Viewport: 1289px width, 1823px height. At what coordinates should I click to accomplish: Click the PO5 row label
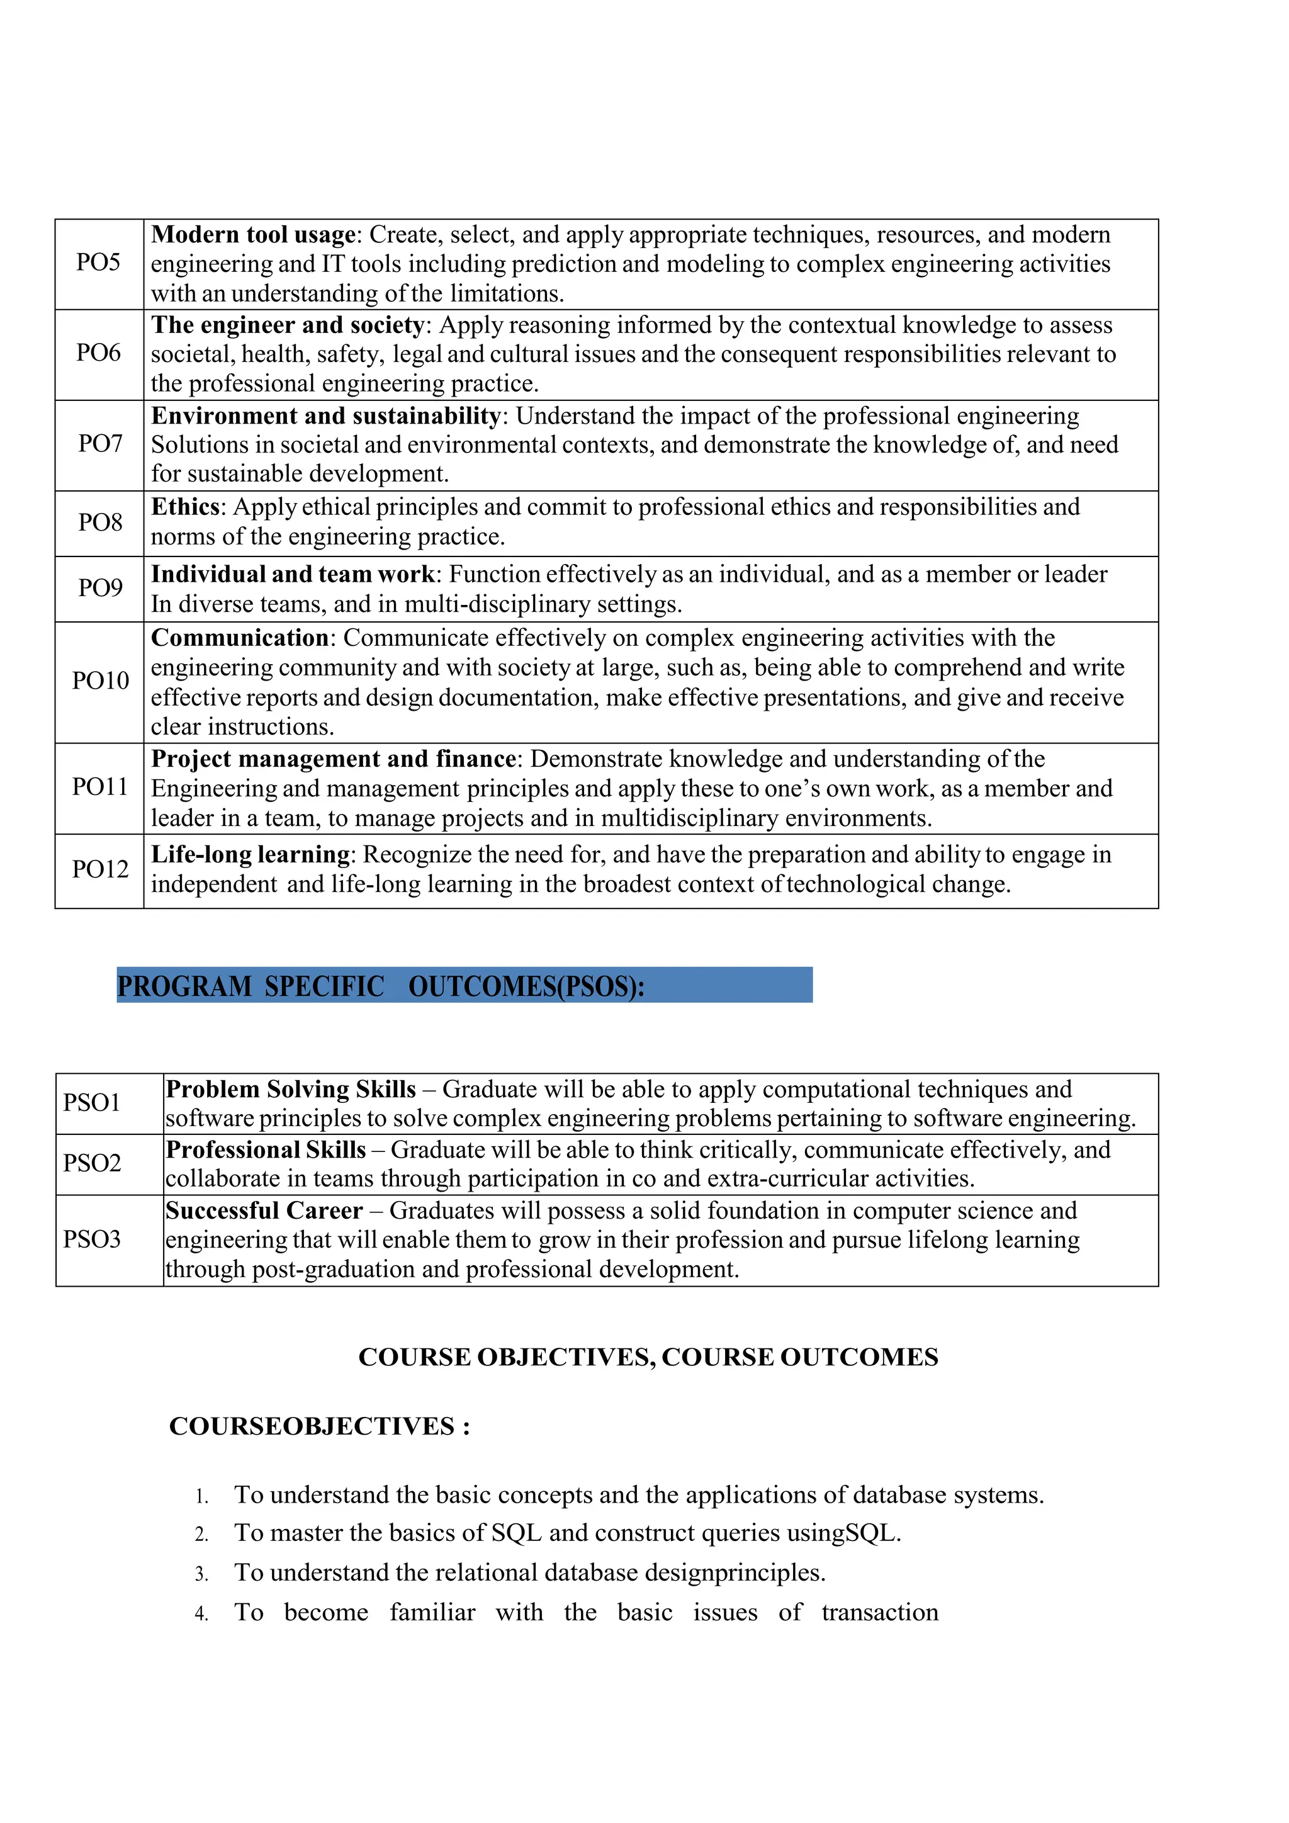click(98, 262)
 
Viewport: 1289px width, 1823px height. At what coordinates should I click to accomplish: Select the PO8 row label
click(100, 522)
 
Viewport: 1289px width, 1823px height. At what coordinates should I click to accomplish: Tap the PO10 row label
click(100, 680)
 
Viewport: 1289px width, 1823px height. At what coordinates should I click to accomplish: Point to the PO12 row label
click(100, 869)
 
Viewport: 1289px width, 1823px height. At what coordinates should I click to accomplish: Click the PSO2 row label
click(92, 1163)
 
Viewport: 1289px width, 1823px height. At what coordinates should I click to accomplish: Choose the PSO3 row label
click(92, 1239)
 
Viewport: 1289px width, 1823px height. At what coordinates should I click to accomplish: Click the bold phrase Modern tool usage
click(253, 235)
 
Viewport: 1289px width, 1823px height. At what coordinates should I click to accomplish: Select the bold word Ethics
click(185, 507)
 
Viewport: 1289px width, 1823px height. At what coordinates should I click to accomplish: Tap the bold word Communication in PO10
click(240, 638)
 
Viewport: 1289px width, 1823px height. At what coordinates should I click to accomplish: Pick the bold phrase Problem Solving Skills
click(291, 1090)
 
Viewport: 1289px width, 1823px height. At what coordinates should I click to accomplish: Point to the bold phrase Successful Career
click(264, 1211)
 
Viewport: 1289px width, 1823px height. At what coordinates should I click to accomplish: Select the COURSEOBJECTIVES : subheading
click(320, 1426)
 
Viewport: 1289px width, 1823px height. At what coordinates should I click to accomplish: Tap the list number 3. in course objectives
click(201, 1574)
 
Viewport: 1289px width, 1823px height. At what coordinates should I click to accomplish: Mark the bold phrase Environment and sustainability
click(326, 416)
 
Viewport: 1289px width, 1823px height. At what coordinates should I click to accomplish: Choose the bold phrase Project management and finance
click(334, 759)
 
